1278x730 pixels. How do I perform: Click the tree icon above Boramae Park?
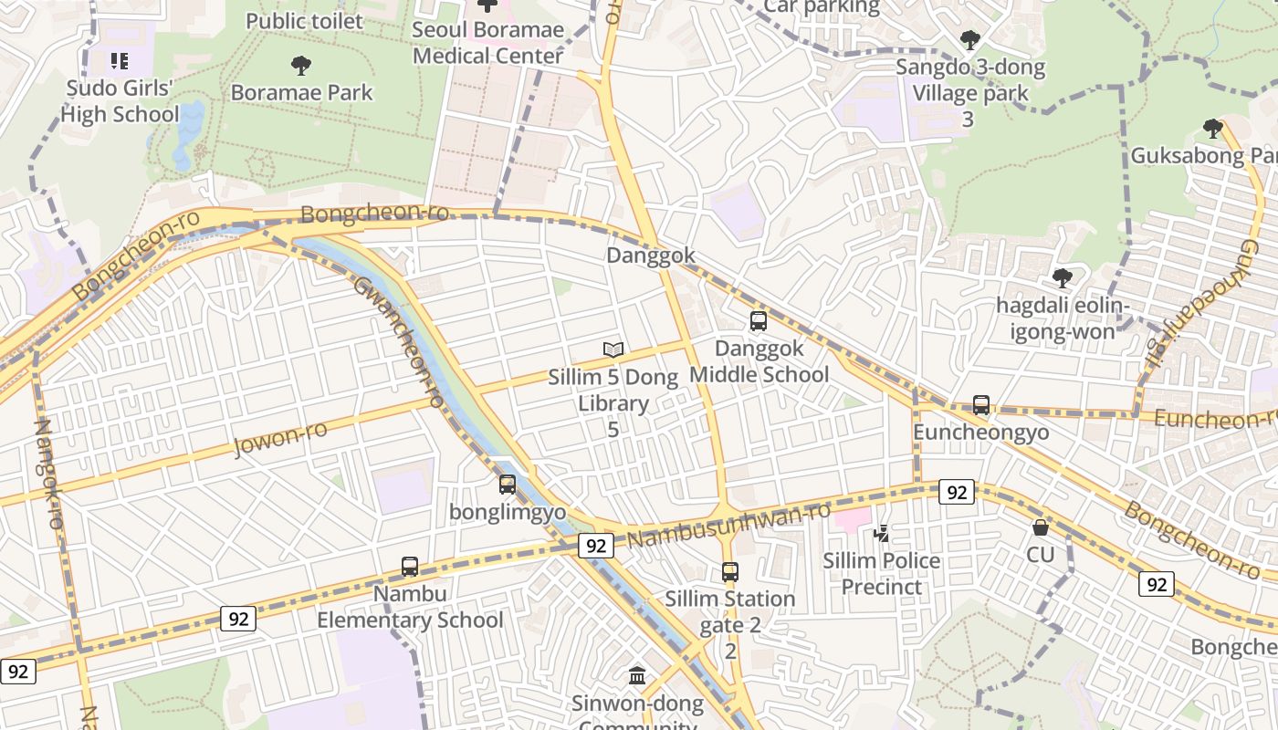click(x=300, y=66)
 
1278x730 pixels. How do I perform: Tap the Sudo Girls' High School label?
click(x=120, y=101)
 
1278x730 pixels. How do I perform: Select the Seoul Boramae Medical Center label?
click(x=487, y=42)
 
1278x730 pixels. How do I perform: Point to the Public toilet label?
click(x=304, y=21)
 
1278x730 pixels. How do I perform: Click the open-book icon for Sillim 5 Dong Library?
click(x=613, y=349)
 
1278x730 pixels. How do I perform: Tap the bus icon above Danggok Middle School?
click(x=758, y=320)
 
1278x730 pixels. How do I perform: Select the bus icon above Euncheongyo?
click(x=981, y=404)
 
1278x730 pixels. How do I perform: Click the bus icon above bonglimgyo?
click(x=508, y=485)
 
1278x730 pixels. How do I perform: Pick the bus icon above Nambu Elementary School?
click(x=410, y=567)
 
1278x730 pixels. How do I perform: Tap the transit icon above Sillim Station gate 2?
click(x=729, y=572)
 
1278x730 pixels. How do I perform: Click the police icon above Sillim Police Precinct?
click(x=882, y=533)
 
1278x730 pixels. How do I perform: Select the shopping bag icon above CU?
click(x=1040, y=527)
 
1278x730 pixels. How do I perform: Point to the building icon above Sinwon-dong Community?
click(x=637, y=676)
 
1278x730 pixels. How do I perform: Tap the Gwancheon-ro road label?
click(x=399, y=341)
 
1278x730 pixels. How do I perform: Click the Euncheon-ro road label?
click(x=1214, y=419)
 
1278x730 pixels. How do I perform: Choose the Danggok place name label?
click(x=651, y=255)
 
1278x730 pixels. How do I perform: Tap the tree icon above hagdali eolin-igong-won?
click(x=1062, y=277)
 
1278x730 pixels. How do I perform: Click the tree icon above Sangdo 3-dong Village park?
click(x=969, y=40)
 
